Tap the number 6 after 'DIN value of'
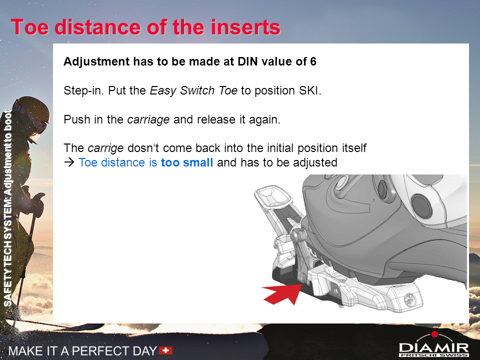pos(313,61)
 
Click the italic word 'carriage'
pos(148,119)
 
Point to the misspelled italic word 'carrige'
pos(105,148)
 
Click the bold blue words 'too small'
pos(186,162)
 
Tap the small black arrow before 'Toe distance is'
pos(69,162)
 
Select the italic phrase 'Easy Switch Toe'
pos(193,90)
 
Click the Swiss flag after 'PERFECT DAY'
pos(165,350)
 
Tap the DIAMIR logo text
pos(433,348)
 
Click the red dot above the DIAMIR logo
pos(434,334)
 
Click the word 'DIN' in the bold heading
pos(248,61)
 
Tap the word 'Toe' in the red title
pos(30,27)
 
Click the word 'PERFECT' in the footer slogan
pos(101,351)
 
